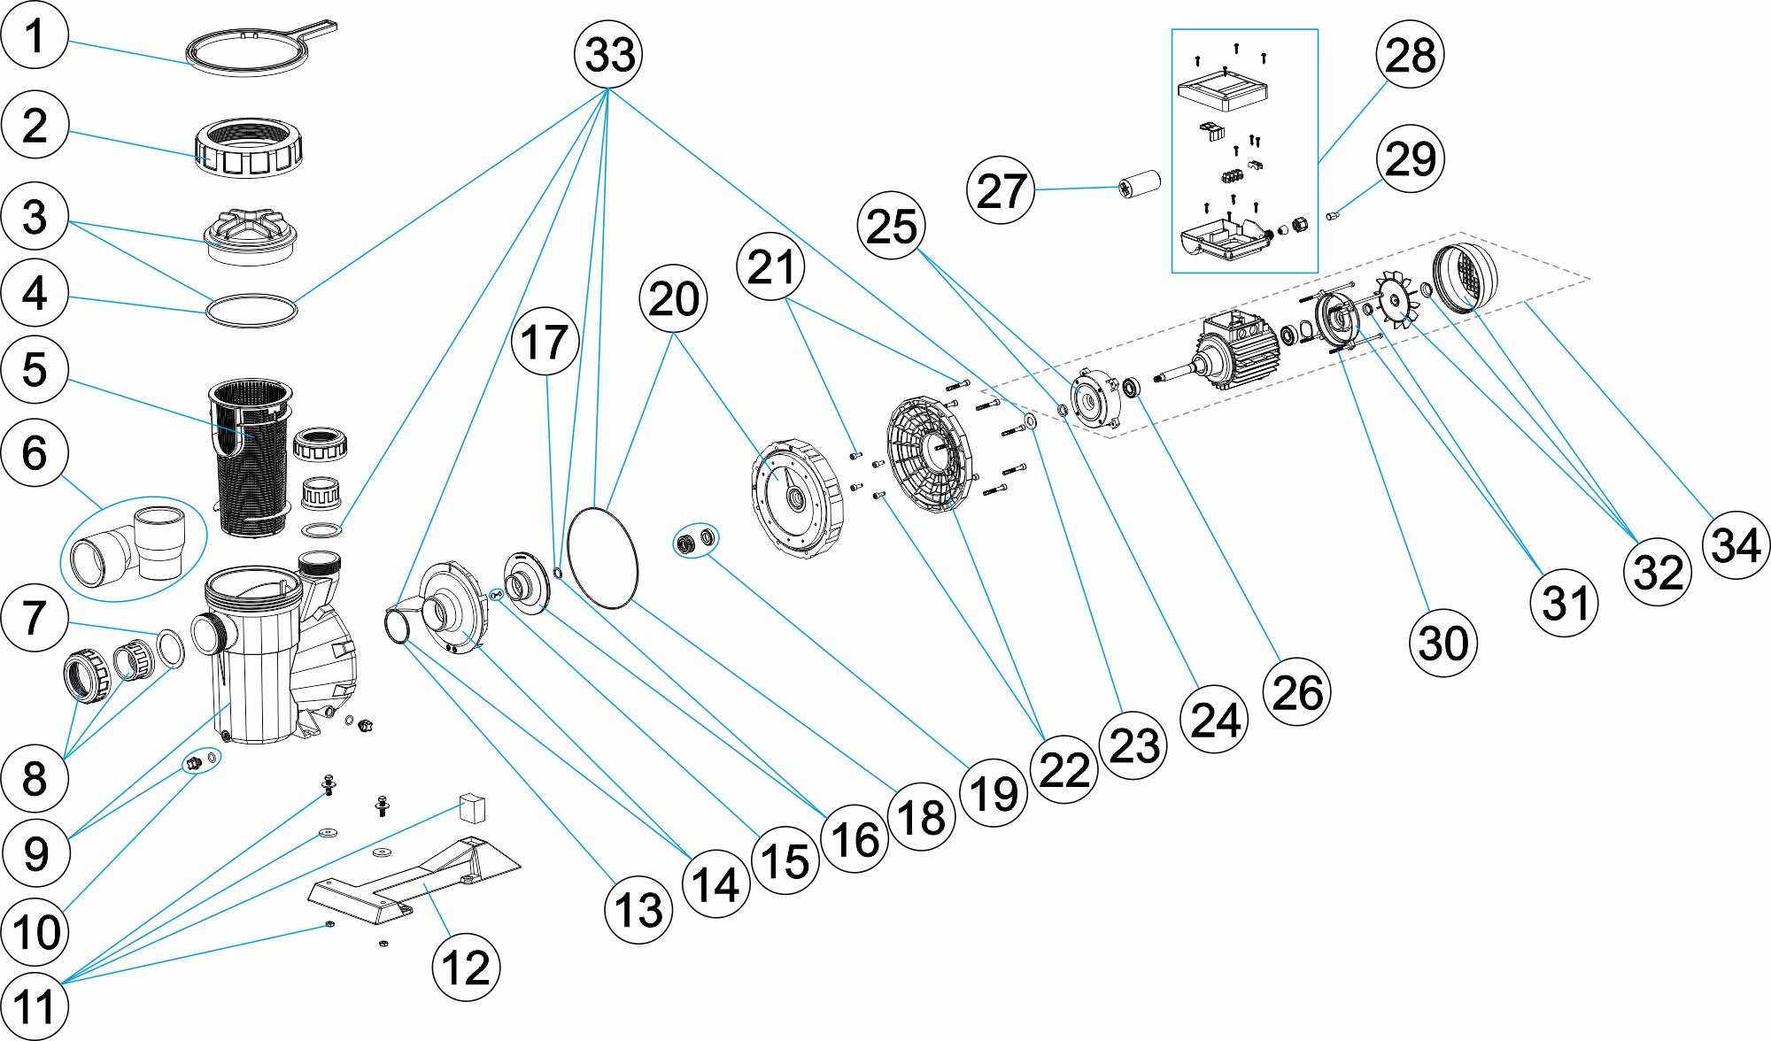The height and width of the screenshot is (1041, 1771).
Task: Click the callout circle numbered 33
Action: pyautogui.click(x=608, y=54)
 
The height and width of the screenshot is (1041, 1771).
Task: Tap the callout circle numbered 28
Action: pyautogui.click(x=1410, y=54)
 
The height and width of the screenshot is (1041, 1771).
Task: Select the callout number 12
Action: pyautogui.click(x=466, y=968)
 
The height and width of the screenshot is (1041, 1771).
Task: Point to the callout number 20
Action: pyautogui.click(x=673, y=299)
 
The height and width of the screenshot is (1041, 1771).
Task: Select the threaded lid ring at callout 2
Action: pyautogui.click(x=249, y=147)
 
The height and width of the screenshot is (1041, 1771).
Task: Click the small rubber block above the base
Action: pyautogui.click(x=473, y=807)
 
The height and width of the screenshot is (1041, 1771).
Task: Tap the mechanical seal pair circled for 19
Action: pyautogui.click(x=696, y=540)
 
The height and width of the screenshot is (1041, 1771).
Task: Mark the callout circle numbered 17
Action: pyautogui.click(x=545, y=342)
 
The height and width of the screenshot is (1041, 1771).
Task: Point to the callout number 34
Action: pyautogui.click(x=1736, y=544)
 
